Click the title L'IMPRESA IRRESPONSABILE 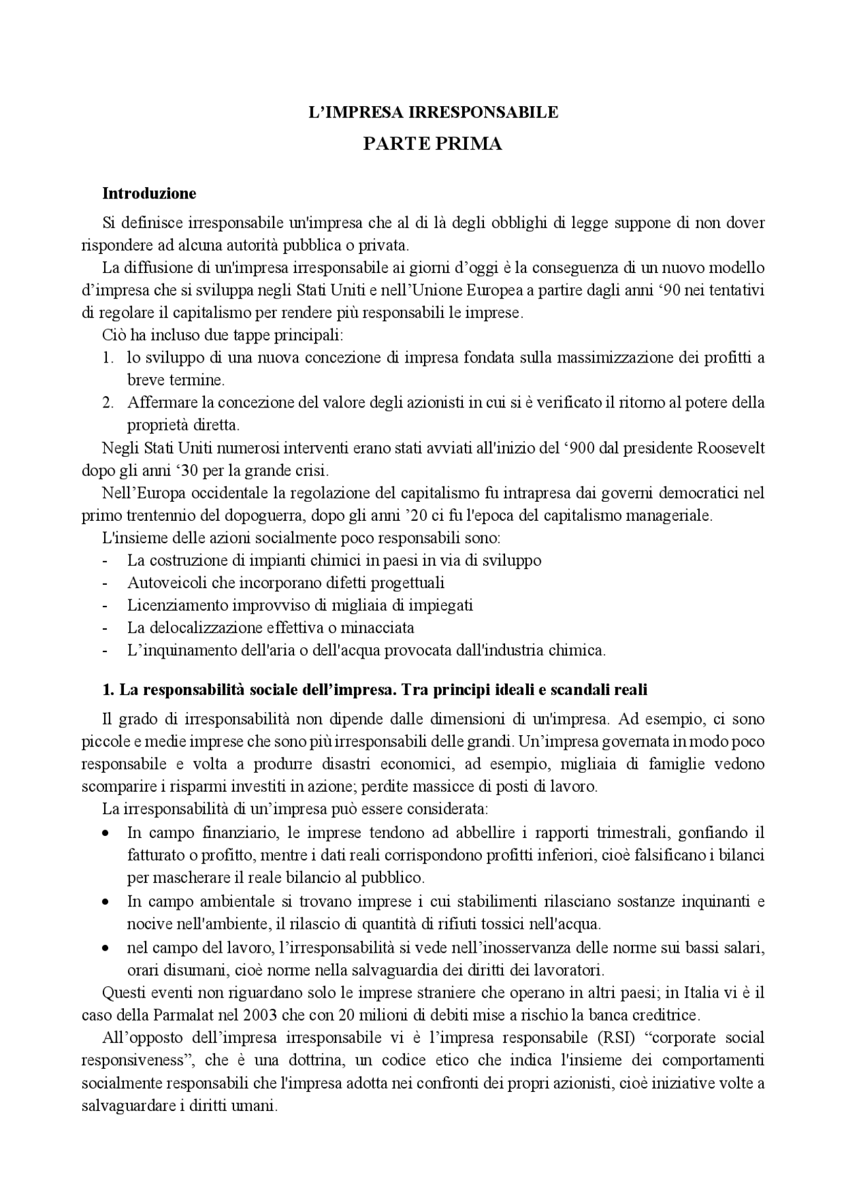[433, 112]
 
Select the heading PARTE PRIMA [433, 144]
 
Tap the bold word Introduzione [149, 193]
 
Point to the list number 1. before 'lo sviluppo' [108, 358]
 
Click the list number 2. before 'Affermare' [108, 402]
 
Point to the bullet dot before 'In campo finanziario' [105, 833]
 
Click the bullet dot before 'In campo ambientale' [105, 901]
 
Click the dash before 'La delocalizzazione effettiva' [105, 628]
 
